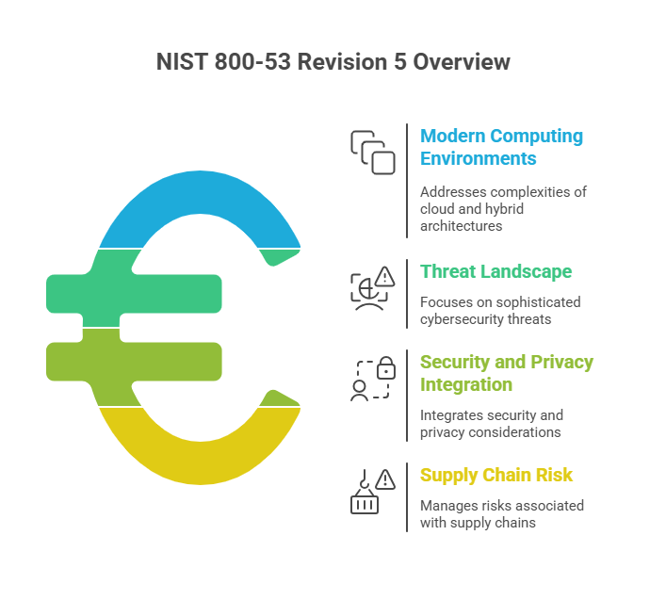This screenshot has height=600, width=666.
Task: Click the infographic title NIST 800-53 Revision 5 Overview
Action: tap(333, 62)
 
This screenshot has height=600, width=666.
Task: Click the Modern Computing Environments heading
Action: tap(501, 147)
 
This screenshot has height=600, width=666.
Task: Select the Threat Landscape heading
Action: tap(495, 271)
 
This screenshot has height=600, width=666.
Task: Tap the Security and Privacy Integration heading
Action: tap(506, 373)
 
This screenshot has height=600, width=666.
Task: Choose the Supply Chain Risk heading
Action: tap(495, 475)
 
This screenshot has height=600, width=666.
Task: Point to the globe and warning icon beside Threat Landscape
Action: tap(372, 288)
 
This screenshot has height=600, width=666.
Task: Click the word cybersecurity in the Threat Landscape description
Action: tap(463, 319)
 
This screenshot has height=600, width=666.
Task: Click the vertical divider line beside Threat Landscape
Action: tap(407, 294)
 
